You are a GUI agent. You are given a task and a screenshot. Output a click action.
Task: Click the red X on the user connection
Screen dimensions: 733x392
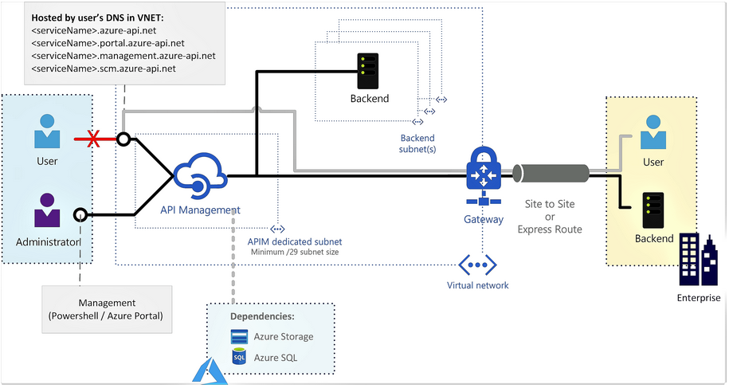(x=93, y=139)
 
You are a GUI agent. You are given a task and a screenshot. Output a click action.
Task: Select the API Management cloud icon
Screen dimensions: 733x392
(x=200, y=175)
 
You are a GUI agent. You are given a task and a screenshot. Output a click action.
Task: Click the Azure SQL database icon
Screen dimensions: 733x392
(x=239, y=356)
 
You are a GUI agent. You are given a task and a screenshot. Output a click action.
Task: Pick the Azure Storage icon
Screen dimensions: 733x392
(x=239, y=336)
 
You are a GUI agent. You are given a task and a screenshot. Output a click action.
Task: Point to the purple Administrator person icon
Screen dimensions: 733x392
(x=47, y=210)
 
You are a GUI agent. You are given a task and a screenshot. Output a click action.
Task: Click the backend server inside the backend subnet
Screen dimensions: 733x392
(x=368, y=71)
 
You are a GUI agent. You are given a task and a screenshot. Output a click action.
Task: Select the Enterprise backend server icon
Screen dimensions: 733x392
(x=653, y=210)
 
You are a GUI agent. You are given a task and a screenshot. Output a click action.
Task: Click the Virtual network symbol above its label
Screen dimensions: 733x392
(x=477, y=265)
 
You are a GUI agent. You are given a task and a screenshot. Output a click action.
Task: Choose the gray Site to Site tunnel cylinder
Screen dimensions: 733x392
(x=551, y=173)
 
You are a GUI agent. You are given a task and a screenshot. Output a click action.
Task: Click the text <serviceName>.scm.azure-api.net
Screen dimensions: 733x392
(x=104, y=69)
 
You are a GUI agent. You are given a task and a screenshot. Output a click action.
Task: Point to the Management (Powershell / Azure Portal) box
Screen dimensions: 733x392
(x=107, y=309)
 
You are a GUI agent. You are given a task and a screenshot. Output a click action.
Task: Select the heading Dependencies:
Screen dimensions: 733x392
(x=262, y=316)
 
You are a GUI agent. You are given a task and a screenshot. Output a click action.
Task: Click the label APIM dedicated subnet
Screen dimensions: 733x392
(x=295, y=241)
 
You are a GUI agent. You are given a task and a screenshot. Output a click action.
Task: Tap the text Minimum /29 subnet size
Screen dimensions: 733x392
(x=295, y=252)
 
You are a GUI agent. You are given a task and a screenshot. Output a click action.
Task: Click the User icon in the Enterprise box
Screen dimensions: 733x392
(x=653, y=132)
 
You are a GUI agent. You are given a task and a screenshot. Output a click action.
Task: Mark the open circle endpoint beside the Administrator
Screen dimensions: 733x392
(x=80, y=215)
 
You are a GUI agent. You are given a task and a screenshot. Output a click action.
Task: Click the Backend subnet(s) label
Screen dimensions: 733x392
(x=417, y=143)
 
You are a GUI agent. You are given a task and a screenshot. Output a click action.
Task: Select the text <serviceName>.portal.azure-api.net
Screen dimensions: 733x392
(x=108, y=43)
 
